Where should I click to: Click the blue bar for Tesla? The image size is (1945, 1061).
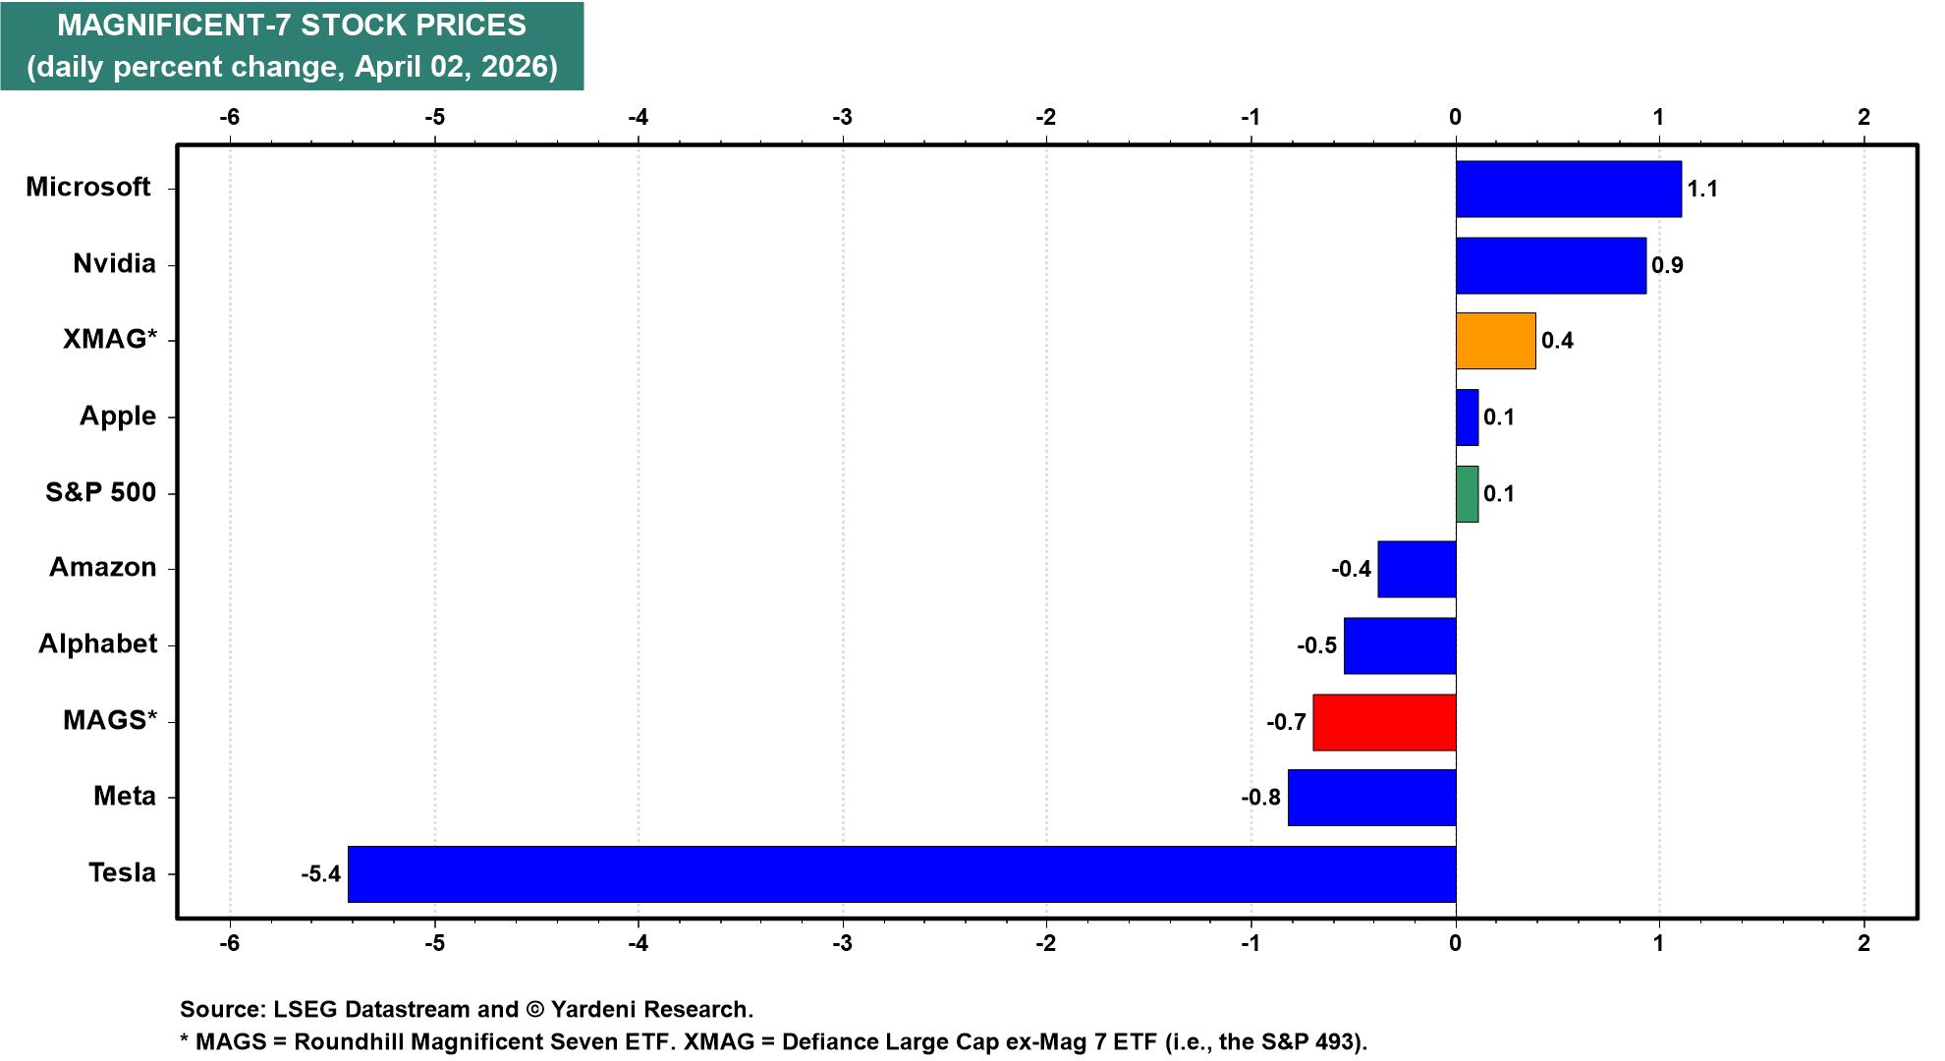point(902,873)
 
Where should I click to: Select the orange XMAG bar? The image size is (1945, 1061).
point(1495,341)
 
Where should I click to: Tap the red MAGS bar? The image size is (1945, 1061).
point(1384,722)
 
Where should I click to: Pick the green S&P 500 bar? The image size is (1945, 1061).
point(1467,493)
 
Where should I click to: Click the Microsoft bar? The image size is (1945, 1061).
point(1568,189)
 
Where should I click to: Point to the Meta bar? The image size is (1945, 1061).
point(1371,797)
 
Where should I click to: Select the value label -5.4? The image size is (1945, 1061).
point(320,873)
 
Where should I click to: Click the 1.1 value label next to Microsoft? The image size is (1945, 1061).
point(1702,189)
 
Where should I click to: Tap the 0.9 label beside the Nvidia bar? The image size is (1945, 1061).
point(1667,265)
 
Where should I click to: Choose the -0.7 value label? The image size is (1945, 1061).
point(1286,723)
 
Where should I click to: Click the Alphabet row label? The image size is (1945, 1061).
point(97,643)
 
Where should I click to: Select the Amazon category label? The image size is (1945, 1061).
point(102,568)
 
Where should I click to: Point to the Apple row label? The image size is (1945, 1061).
point(117,416)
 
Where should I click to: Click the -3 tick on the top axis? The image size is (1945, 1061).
point(842,117)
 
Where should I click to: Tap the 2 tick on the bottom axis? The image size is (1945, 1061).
point(1863,944)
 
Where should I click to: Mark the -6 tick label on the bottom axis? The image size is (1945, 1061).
point(229,944)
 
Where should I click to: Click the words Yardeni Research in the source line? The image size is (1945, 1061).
point(649,1009)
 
